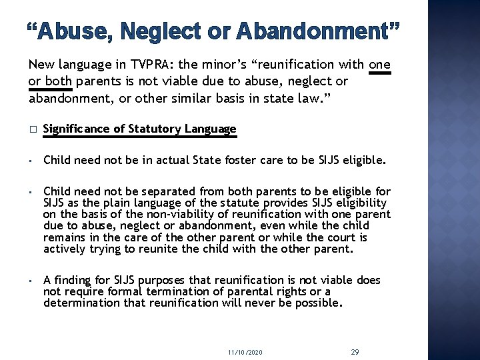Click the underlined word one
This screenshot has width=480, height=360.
[379, 65]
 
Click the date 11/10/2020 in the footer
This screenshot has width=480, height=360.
[245, 351]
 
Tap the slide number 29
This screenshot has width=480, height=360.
[355, 351]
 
